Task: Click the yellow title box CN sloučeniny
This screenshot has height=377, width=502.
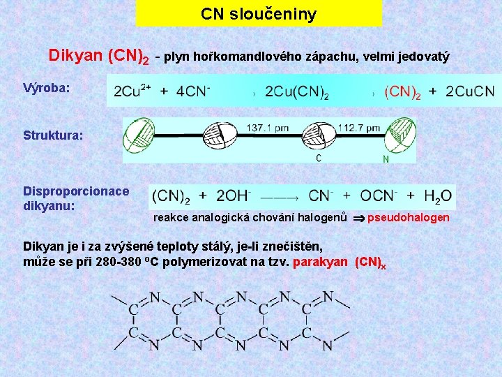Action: pyautogui.click(x=259, y=13)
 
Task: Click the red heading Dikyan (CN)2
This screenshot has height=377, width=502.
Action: pyautogui.click(x=98, y=55)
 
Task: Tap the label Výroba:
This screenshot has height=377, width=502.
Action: pyautogui.click(x=45, y=89)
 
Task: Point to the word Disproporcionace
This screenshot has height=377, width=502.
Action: pyautogui.click(x=76, y=191)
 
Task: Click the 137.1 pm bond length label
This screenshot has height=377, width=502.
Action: pyautogui.click(x=268, y=128)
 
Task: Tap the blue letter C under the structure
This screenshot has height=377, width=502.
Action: pyautogui.click(x=319, y=158)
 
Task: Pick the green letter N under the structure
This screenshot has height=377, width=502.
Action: pyautogui.click(x=386, y=158)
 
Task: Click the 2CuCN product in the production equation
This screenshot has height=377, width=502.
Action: pyautogui.click(x=469, y=91)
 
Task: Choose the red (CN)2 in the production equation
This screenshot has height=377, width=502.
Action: pyautogui.click(x=402, y=91)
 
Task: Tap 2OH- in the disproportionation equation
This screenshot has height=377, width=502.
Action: pyautogui.click(x=234, y=195)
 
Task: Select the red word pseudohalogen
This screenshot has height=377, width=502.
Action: pyautogui.click(x=409, y=219)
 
